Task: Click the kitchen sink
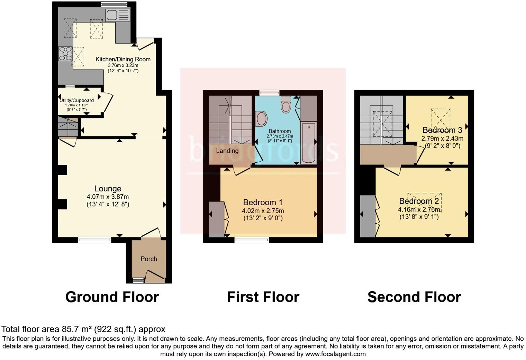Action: pos(117,15)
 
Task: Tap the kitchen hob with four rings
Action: pos(65,54)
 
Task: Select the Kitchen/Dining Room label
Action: pos(123,59)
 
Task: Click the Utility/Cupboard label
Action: pos(76,100)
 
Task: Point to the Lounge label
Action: pos(108,189)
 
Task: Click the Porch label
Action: pos(149,259)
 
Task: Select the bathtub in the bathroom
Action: pos(309,143)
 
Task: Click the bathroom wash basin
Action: pos(262,118)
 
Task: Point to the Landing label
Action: pos(227,151)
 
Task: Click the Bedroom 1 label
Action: pos(263,202)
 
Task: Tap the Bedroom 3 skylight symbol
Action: pos(441,119)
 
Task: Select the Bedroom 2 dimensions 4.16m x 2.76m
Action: pos(419,209)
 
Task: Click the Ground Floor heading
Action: pos(112,297)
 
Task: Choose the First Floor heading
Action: pos(263,297)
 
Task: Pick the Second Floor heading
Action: pos(414,297)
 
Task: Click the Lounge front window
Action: pos(94,240)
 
